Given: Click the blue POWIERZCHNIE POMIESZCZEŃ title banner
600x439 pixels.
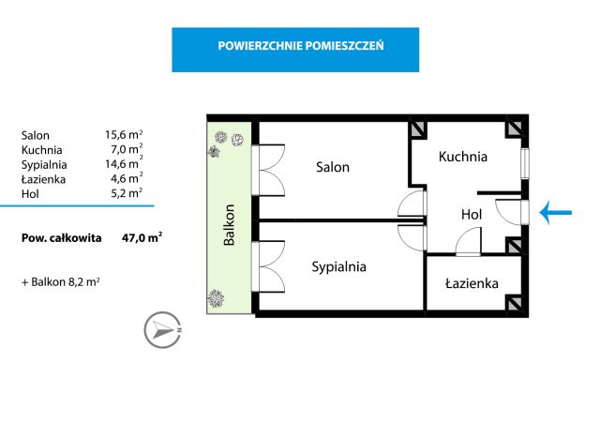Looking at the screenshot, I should point(294,49).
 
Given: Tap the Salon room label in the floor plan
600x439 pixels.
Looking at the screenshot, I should point(332,167).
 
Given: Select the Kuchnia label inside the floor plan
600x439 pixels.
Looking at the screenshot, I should point(463,157).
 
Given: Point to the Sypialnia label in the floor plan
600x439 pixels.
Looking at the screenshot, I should point(338,266).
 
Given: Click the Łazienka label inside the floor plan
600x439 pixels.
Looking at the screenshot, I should point(472,282).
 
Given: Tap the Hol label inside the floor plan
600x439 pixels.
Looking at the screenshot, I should point(471,215).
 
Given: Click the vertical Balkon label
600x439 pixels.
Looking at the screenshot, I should point(228,224).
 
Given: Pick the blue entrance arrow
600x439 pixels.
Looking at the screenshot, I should point(557,215).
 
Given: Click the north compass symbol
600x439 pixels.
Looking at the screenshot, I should point(162,330).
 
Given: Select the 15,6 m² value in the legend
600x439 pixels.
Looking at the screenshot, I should point(124,135).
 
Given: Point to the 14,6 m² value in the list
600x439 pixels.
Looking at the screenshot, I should point(124,164).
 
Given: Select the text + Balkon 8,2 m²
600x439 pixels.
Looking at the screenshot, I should point(60,280).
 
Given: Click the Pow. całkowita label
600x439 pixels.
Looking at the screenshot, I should point(62,238).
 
